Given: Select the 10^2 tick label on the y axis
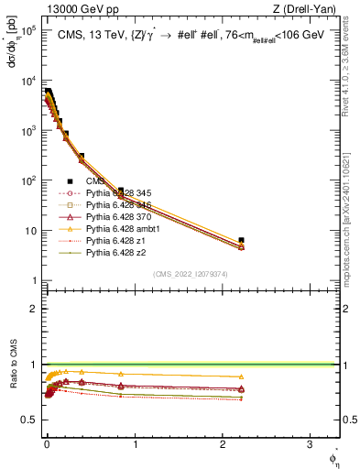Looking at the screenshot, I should click(x=28, y=180).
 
